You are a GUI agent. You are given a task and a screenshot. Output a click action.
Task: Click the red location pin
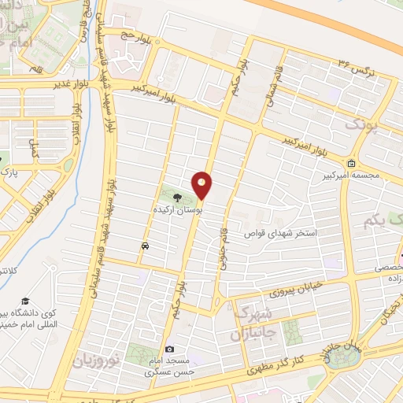tap(203, 186)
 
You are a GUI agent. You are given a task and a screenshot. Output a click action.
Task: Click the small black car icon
tap(145, 246)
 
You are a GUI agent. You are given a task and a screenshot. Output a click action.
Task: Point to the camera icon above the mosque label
tap(169, 349)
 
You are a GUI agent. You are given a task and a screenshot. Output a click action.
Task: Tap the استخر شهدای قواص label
tap(282, 234)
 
